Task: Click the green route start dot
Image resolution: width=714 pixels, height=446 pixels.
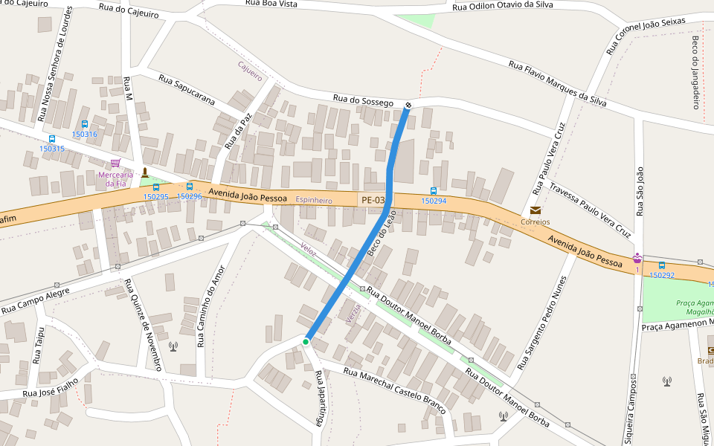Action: [306, 342]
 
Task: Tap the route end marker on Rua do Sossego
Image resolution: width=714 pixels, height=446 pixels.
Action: [408, 104]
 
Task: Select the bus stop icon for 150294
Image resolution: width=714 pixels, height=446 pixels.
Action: [434, 191]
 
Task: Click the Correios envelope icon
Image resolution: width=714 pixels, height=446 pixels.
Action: [535, 211]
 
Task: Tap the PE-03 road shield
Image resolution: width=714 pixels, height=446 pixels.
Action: [373, 200]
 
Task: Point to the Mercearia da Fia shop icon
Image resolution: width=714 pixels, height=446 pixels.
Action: [115, 164]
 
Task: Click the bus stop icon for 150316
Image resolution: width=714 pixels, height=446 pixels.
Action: [84, 124]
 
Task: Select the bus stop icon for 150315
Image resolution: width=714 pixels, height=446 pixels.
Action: [52, 139]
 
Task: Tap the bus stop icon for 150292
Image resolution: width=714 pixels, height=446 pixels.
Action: [661, 265]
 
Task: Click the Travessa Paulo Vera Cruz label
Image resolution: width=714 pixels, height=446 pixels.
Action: [590, 210]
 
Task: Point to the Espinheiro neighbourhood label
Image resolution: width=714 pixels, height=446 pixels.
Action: [314, 201]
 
